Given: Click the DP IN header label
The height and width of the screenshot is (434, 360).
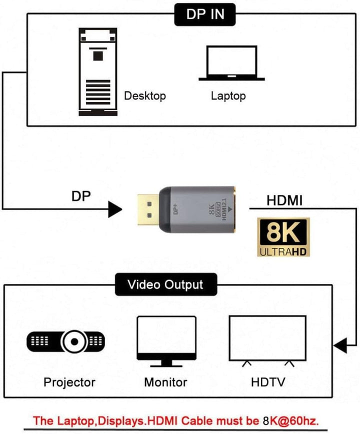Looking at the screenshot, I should pos(205,14).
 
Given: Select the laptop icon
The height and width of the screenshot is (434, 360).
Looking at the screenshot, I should pos(231,63).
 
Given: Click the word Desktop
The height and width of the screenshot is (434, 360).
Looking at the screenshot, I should pos(144,95).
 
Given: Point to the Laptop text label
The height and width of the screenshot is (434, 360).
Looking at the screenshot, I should pos(228,95).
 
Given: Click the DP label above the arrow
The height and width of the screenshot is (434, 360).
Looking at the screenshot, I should pos(81,196).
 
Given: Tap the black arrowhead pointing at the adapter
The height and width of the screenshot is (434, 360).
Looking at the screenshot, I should pos(115,208).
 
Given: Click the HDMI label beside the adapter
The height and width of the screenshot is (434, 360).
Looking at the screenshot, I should pos(284,200).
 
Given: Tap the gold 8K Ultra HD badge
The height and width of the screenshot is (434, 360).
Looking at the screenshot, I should pos(283,237).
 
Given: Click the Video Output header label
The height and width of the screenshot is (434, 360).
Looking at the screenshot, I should pos(165,285).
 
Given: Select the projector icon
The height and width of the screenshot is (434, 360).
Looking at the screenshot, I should pos(66,341).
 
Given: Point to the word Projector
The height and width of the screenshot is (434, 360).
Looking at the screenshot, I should pos(69,382).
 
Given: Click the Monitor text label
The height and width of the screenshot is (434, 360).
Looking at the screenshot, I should pos(165,382).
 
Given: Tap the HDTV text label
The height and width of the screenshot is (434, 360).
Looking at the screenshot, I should pos(268,382).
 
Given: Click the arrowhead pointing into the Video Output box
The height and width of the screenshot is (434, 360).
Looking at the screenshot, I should pos(340,345).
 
